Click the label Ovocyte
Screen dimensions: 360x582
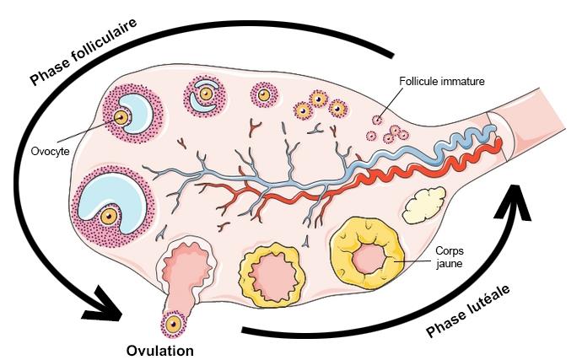click(49, 153)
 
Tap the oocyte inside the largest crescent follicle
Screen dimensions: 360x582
click(108, 216)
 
